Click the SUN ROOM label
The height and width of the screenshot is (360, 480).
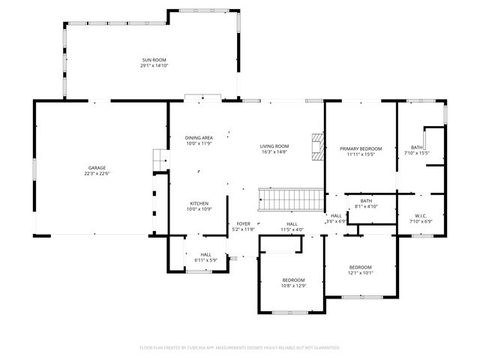pos(154,60)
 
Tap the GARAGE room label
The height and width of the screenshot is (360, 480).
pos(97,167)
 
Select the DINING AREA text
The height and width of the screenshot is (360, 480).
pos(199,138)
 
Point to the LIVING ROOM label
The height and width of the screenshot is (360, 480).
pos(274,146)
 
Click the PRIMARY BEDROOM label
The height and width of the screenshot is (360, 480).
pos(361,148)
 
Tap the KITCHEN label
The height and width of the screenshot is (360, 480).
pos(199,203)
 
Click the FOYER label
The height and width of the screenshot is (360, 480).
pos(243,223)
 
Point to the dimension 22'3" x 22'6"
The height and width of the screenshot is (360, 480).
pos(97,173)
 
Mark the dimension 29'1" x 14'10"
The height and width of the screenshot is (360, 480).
pos(154,66)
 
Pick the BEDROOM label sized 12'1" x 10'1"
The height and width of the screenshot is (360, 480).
pos(361,267)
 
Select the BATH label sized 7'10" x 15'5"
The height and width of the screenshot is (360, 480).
pos(416,147)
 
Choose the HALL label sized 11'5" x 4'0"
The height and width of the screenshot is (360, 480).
pos(292,223)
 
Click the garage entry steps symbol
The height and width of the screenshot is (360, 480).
pos(158,160)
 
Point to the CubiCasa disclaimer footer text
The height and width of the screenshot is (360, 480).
pos(240,348)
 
